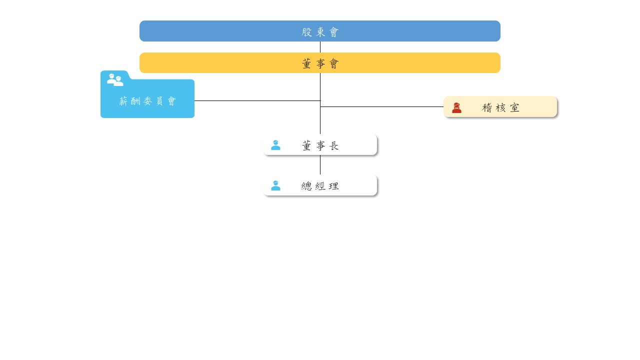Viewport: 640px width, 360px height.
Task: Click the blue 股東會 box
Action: tap(319, 31)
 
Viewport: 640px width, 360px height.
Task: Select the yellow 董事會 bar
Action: tap(319, 62)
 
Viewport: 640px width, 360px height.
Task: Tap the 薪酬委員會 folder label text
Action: tap(147, 101)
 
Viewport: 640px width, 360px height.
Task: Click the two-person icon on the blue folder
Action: tap(115, 79)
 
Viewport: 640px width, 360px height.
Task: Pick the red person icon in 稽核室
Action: tap(456, 107)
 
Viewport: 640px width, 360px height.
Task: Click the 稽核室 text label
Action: tap(500, 107)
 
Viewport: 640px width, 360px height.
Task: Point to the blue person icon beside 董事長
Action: tap(275, 145)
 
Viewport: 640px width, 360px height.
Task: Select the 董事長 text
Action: tap(320, 145)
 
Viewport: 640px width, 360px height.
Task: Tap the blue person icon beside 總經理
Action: tap(275, 185)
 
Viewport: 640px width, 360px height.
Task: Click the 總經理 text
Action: tap(320, 186)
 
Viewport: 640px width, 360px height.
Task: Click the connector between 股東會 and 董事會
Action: tap(320, 47)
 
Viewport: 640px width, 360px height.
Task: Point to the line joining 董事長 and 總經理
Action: tap(320, 165)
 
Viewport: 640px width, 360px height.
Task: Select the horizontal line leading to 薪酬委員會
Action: tap(257, 100)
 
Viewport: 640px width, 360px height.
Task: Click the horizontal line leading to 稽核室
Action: tap(381, 106)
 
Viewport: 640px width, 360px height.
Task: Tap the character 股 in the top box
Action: tap(306, 32)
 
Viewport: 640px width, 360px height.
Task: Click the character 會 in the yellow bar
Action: tap(334, 63)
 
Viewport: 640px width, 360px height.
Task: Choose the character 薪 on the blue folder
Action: tap(123, 101)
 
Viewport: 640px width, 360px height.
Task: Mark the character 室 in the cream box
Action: tap(514, 107)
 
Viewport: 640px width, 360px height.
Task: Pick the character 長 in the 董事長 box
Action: tap(333, 145)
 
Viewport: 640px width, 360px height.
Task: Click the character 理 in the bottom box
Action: tap(333, 186)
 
